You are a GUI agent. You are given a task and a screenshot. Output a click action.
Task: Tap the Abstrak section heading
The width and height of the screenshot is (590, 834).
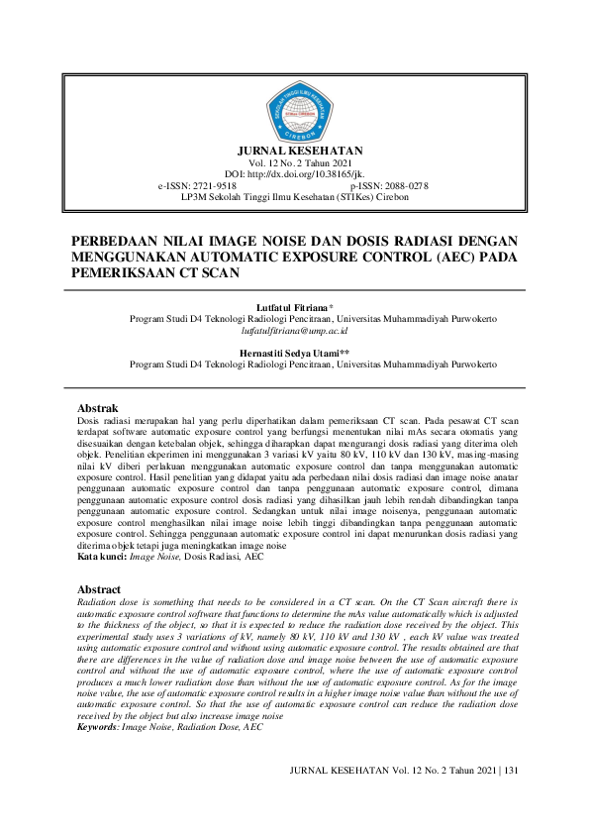[x=98, y=408]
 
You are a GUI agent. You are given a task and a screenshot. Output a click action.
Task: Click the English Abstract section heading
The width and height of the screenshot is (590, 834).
[x=101, y=588]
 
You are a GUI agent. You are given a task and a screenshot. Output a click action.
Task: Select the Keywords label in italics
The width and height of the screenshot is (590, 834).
[x=96, y=727]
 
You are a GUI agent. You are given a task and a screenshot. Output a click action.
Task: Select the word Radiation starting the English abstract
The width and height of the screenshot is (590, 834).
[x=98, y=601]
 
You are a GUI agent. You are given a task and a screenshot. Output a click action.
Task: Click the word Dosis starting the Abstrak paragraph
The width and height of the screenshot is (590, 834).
[x=90, y=421]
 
